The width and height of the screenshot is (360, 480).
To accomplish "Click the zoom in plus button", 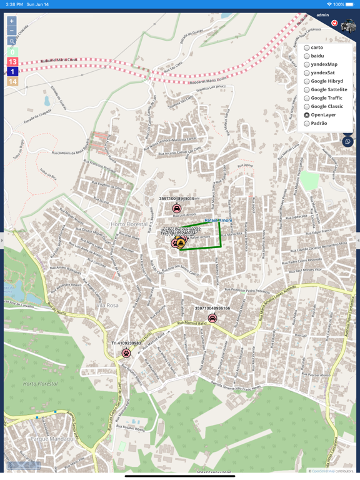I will click(x=12, y=21).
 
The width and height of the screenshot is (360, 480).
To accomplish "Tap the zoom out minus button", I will click(x=12, y=31).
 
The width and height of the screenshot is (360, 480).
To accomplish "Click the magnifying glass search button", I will click(x=12, y=41).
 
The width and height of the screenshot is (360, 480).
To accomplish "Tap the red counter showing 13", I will click(x=12, y=62).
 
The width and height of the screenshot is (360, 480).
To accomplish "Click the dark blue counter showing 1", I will click(x=12, y=72).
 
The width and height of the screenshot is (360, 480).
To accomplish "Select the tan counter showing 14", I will click(x=12, y=81).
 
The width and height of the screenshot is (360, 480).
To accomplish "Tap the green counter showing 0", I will click(x=12, y=52).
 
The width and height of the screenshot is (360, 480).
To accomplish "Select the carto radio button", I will click(x=307, y=47).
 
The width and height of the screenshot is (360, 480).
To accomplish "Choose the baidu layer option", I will click(x=307, y=56).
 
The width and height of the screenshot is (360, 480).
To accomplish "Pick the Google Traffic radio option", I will click(x=307, y=98).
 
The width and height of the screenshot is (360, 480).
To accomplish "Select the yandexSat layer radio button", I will click(x=307, y=73).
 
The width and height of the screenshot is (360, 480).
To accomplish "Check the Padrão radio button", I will click(x=307, y=124).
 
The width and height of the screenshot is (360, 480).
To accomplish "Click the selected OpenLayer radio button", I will click(x=307, y=115).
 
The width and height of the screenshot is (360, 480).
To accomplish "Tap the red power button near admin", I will click(x=334, y=24).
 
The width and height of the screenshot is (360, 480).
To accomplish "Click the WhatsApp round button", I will click(x=347, y=141).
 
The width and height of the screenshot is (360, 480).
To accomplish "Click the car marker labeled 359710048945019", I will click(x=177, y=208).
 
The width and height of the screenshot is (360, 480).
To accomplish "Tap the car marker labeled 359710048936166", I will click(x=212, y=318).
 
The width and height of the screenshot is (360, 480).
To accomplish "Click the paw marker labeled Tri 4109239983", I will click(x=126, y=353).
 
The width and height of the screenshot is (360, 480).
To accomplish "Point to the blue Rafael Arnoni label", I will click(x=218, y=221).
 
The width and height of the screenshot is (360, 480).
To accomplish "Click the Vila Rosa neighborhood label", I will click(x=107, y=305).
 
